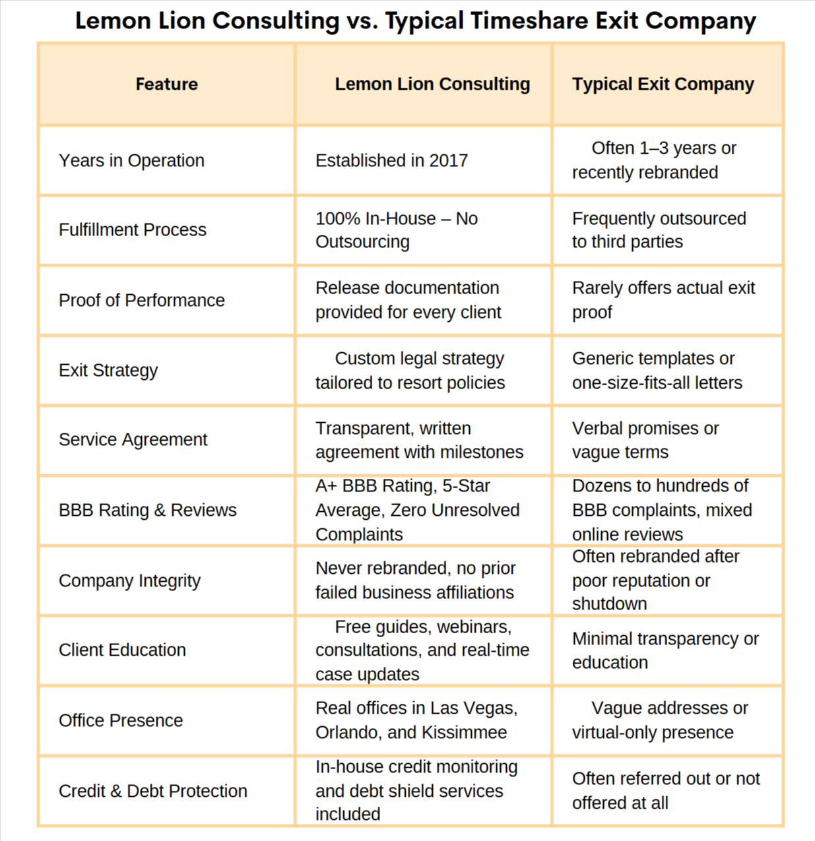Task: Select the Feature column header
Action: pos(166,84)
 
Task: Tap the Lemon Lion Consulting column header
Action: pos(432,84)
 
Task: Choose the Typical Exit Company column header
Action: pos(663,84)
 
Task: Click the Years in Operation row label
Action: pos(131,160)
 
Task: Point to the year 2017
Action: pos(448,160)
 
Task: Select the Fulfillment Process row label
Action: pos(132,230)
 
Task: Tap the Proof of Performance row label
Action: pos(141,300)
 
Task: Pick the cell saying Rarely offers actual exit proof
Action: pos(663,299)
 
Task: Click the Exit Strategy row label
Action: pos(108,370)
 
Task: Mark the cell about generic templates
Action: pos(657,370)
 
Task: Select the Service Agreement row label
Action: pos(133,439)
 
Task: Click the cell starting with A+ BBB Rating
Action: pos(417,510)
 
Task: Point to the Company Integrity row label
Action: pos(129,580)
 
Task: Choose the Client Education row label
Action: pos(122,650)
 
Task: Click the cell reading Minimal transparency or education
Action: pos(665,650)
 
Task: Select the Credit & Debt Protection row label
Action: pos(152,791)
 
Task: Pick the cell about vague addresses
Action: pos(659,720)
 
